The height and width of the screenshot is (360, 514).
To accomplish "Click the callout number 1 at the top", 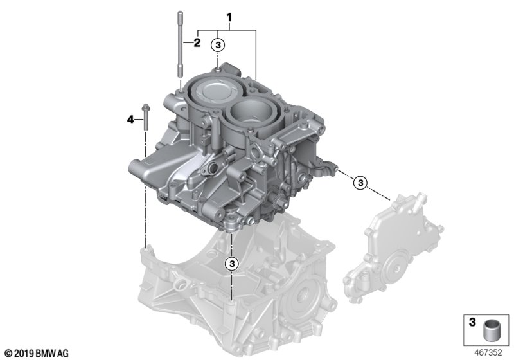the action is point(229,17).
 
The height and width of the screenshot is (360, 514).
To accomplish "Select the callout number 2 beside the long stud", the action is point(197,42).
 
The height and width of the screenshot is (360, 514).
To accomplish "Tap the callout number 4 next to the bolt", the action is point(130,120).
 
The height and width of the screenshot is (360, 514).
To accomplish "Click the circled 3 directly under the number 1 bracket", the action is point(218,45).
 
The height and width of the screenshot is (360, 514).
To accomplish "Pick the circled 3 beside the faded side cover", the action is point(360,183).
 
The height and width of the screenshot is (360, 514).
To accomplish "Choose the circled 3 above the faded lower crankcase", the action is point(232,264).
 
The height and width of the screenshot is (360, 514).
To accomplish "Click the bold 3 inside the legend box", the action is point(472,322).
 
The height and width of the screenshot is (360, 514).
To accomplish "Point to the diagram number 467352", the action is point(488,352).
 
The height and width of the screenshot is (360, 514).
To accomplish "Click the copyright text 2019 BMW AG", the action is point(37,354).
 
